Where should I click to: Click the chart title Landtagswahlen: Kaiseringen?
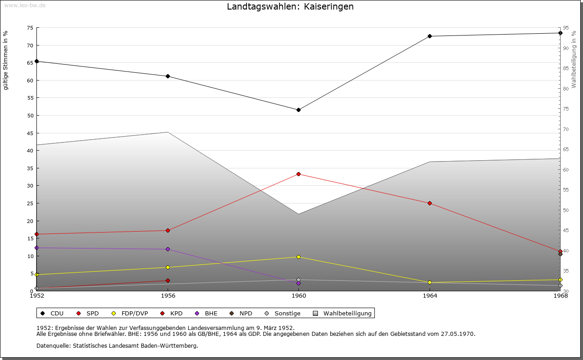pyautogui.click(x=290, y=7)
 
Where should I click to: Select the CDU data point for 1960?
pyautogui.click(x=298, y=110)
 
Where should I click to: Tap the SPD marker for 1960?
pyautogui.click(x=298, y=174)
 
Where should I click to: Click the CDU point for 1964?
pyautogui.click(x=430, y=36)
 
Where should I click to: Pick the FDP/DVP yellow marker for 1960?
pyautogui.click(x=298, y=257)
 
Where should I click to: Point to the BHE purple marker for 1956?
pyautogui.click(x=168, y=249)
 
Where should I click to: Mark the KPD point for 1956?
pyautogui.click(x=168, y=280)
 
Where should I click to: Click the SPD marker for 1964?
pyautogui.click(x=430, y=203)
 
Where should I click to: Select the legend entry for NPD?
pyautogui.click(x=241, y=313)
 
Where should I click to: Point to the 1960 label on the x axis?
pyautogui.click(x=299, y=296)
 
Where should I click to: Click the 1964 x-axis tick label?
pyautogui.click(x=430, y=296)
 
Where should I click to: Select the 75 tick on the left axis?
pyautogui.click(x=30, y=28)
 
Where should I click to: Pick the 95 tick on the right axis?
pyautogui.click(x=566, y=28)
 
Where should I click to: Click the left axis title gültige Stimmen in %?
pyautogui.click(x=6, y=60)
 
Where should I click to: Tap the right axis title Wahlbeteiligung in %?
pyautogui.click(x=574, y=59)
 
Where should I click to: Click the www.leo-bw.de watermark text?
pyautogui.click(x=24, y=5)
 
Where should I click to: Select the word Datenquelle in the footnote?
pyautogui.click(x=51, y=345)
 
